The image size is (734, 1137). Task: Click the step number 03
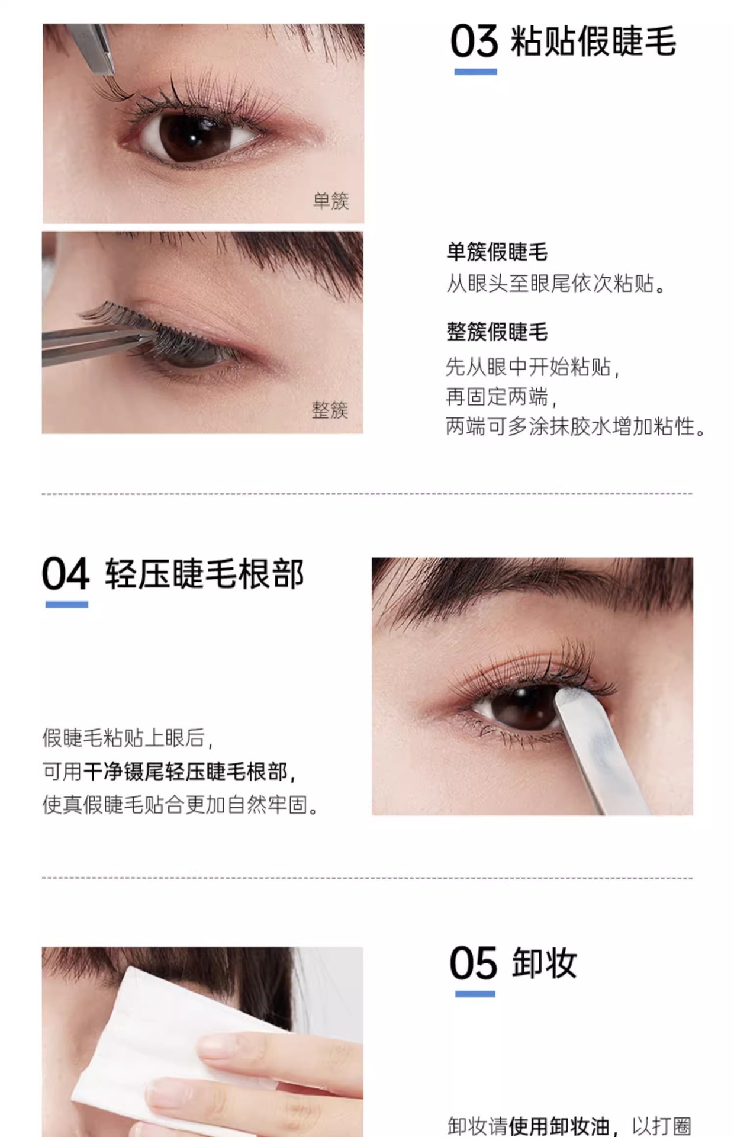(x=474, y=41)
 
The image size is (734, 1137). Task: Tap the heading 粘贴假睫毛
(x=593, y=41)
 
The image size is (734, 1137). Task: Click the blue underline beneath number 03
(x=475, y=72)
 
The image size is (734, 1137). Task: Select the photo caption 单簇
(x=331, y=201)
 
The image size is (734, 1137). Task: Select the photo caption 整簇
(x=330, y=410)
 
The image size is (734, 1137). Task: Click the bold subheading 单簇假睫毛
(x=497, y=252)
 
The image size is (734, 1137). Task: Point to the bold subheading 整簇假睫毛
(x=497, y=332)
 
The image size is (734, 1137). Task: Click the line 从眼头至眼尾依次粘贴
(x=556, y=284)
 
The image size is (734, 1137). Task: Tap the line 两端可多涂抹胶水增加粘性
(x=575, y=426)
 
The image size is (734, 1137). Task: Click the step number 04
(x=66, y=574)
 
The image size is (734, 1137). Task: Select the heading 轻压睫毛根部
(x=205, y=574)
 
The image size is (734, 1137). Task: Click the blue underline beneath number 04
(x=67, y=605)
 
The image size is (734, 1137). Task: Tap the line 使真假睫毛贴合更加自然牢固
(x=181, y=805)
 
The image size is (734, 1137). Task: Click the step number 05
(x=473, y=963)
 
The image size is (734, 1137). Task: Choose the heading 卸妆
(x=545, y=963)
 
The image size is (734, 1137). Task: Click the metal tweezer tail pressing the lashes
(x=598, y=746)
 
